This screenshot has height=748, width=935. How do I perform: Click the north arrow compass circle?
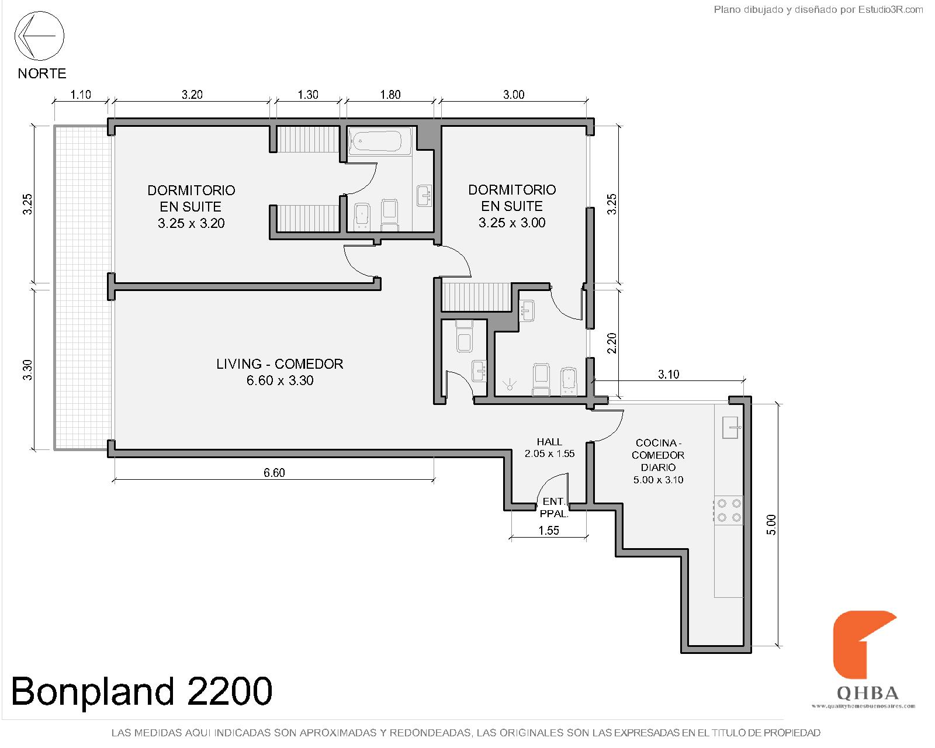tap(39, 36)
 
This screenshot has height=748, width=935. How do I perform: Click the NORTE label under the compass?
tap(41, 74)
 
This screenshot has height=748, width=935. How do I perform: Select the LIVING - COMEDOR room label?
tap(279, 364)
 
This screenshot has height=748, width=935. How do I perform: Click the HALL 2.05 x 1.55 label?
tap(549, 448)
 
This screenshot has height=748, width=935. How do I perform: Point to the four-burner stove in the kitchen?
tap(728, 510)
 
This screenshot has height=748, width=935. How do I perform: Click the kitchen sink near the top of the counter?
tap(732, 427)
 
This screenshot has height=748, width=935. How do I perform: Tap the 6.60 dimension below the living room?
tap(274, 472)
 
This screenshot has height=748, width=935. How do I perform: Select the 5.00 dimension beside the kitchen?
tap(771, 524)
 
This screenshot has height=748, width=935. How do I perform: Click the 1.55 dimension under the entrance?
tap(549, 530)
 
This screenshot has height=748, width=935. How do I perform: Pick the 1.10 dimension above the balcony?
tap(81, 95)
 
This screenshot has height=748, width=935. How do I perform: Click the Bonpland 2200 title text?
tap(141, 691)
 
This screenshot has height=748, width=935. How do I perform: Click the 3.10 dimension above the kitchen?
tap(669, 375)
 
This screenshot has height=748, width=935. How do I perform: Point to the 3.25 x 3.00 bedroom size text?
tap(512, 223)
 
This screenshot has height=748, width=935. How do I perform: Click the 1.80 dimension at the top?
tap(390, 95)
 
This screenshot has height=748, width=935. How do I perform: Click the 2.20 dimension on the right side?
tap(612, 343)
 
